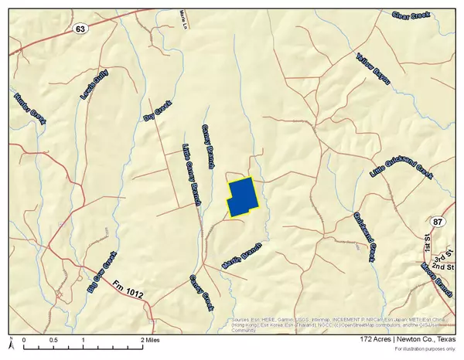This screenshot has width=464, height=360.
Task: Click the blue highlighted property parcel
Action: click(x=242, y=196)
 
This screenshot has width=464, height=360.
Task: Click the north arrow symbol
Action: click(x=11, y=341)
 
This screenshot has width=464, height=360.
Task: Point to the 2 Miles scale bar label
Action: click(x=152, y=340)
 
